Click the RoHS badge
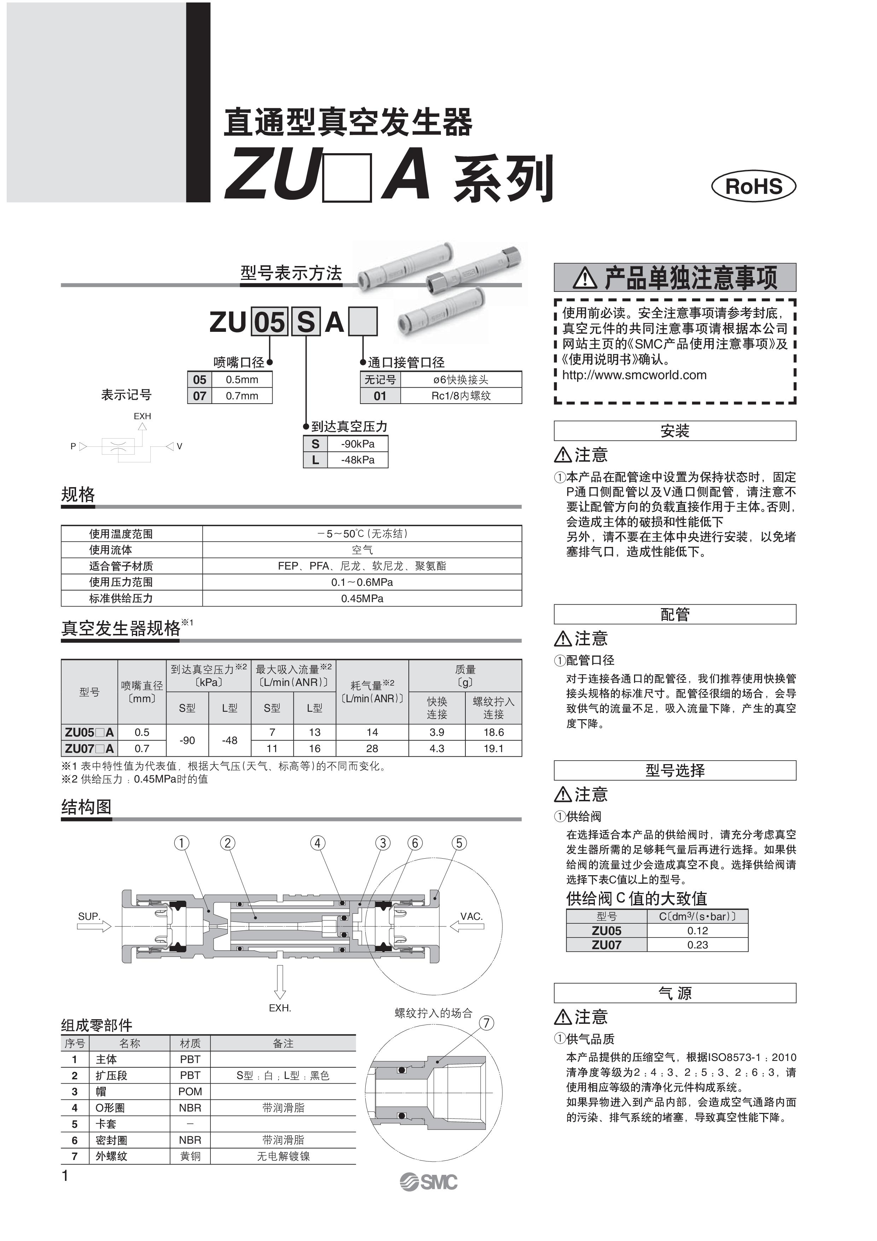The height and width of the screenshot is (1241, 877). [753, 186]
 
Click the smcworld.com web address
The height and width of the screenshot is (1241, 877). [634, 375]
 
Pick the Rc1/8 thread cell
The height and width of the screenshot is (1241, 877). [460, 396]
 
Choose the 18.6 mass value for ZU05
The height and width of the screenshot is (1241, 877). [493, 732]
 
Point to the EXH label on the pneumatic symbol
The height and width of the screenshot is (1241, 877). [142, 416]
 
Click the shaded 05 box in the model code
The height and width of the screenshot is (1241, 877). [269, 323]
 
